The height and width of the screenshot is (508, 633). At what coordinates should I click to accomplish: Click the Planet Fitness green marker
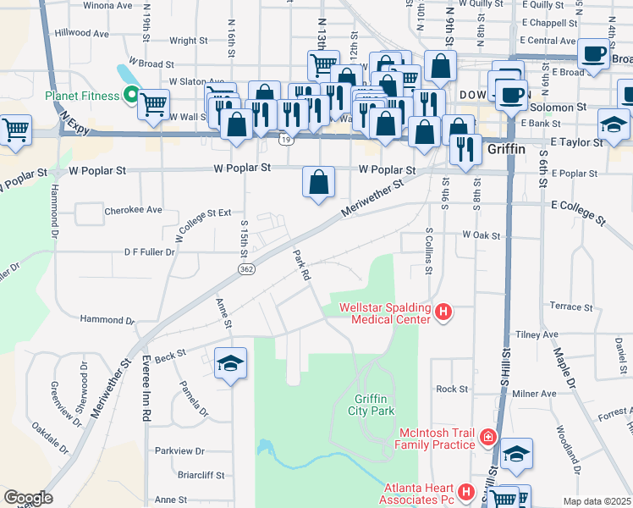point(131,96)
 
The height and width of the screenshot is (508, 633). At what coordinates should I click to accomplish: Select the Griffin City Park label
point(375,405)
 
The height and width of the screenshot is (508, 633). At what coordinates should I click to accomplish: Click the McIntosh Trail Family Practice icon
point(488,438)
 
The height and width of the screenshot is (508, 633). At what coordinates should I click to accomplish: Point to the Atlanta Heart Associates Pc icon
point(465,492)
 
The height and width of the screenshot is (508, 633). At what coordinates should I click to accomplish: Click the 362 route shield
point(245,268)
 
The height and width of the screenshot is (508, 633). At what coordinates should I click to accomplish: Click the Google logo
point(28,498)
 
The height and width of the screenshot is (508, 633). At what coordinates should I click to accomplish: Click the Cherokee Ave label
point(132,209)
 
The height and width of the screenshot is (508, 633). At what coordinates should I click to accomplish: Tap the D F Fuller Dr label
point(149,251)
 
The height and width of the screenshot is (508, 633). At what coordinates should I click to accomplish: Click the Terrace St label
point(571,306)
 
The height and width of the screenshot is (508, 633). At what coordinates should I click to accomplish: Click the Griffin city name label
point(507,149)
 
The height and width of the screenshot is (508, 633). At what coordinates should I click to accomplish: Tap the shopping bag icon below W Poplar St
point(319,181)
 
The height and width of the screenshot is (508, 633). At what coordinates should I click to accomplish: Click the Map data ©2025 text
point(597,501)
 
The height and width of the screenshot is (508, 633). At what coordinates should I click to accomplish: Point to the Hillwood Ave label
point(82,34)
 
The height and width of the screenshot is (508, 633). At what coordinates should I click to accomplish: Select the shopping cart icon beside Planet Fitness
point(153,104)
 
